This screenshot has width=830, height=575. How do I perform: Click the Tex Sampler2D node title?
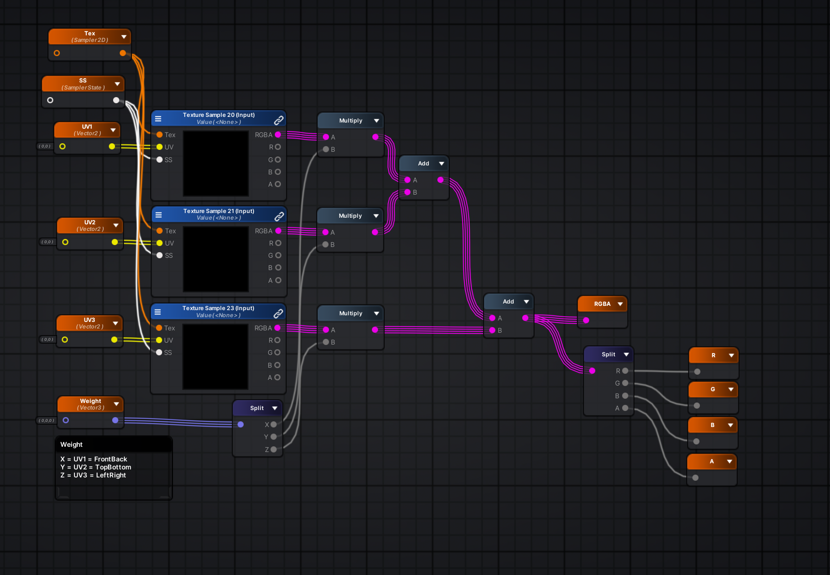pos(90,36)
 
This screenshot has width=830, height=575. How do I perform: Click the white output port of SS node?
pos(116,100)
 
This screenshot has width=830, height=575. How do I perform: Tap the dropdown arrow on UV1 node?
pos(113,130)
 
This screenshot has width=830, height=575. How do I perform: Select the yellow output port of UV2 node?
pos(115,242)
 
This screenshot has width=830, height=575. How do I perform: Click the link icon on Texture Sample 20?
pos(279,120)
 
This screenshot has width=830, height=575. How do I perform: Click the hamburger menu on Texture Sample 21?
pos(158,215)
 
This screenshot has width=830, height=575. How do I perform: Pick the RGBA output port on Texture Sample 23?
pos(277,328)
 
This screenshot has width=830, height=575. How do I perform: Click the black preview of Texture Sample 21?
pos(215,259)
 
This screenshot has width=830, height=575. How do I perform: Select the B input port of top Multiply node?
pos(326,149)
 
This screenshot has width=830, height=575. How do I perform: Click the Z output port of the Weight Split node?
pos(273,450)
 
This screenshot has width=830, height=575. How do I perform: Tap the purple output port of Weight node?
pos(115,420)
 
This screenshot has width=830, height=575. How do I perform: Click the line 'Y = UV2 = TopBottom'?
pos(96,467)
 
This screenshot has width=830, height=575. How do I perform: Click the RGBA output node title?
pos(602,304)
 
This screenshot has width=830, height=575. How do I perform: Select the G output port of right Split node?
pos(625,383)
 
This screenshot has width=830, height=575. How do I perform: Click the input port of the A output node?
pos(695,477)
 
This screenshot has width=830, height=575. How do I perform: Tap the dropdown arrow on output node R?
pos(731,355)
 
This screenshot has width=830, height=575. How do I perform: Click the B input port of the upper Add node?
pos(407,192)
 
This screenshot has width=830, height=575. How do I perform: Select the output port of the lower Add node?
pos(525,318)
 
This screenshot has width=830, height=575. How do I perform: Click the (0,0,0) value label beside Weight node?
pos(46,420)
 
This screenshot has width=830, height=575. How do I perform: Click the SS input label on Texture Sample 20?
pos(168,160)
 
